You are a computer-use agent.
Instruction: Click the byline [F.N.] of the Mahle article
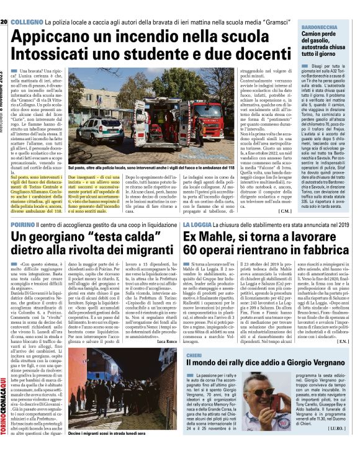pos(343,340)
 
